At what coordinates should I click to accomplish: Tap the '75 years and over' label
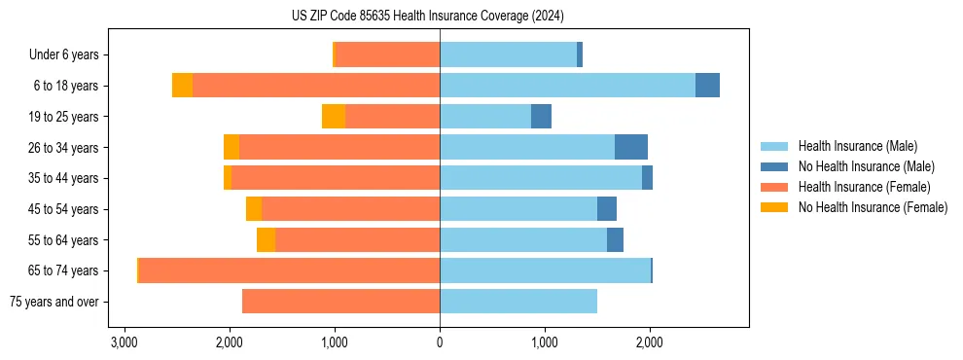tap(53, 302)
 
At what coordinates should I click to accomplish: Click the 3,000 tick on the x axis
tap(124, 342)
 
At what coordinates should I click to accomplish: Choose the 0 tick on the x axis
tap(440, 342)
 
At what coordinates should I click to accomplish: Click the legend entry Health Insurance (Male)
tap(857, 146)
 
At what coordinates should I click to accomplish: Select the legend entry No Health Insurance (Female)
tap(873, 207)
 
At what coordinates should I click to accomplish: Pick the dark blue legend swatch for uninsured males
tap(775, 166)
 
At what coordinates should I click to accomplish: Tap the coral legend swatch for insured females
tap(775, 187)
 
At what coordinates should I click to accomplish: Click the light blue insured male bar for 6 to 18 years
tap(567, 86)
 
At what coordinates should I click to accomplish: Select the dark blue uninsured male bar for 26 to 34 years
tap(631, 147)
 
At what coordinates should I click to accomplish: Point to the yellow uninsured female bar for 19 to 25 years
tap(334, 117)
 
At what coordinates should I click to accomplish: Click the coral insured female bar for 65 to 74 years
tap(289, 270)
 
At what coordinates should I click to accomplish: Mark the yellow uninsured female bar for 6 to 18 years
tap(182, 86)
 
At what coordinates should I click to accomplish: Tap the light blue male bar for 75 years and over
tap(518, 302)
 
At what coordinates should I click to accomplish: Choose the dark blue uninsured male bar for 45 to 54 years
tap(607, 209)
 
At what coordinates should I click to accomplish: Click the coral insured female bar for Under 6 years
tap(387, 55)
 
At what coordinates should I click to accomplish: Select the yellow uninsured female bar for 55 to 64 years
tap(266, 239)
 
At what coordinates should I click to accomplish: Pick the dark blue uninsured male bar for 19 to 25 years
tap(541, 117)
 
